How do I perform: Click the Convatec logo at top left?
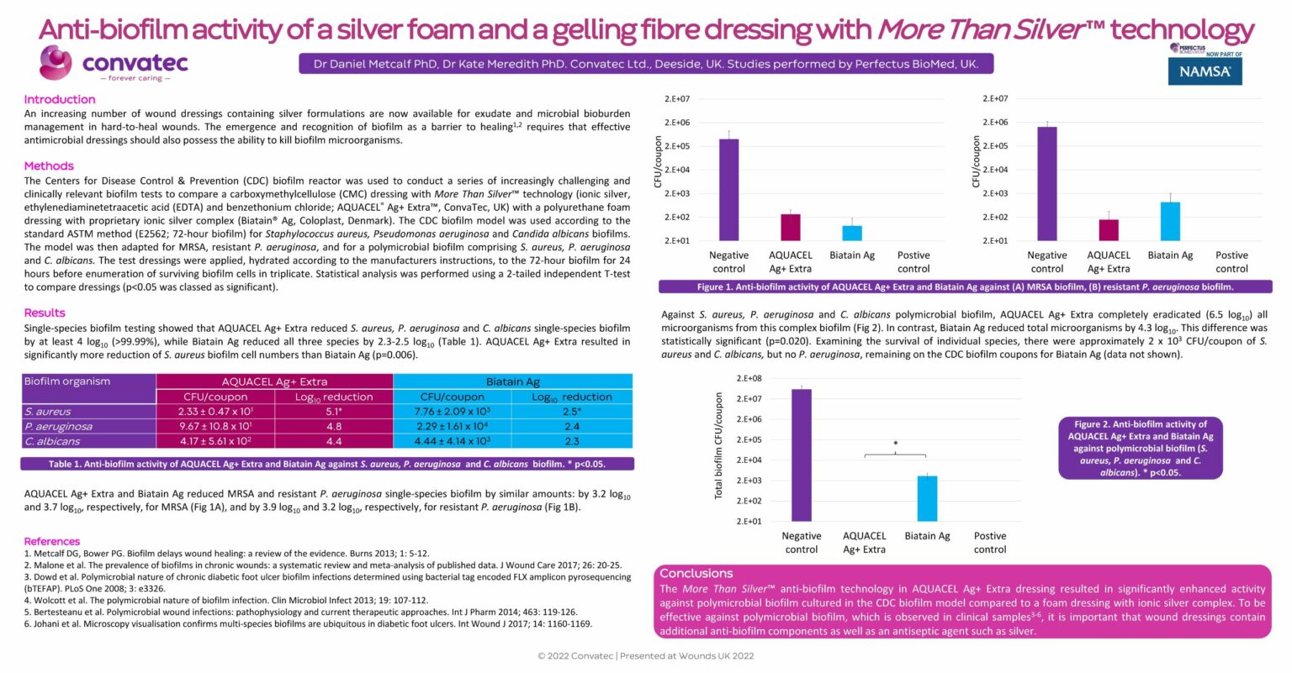[113, 64]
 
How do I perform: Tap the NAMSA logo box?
[1205, 71]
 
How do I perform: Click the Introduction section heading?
[60, 99]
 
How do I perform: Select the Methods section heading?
[49, 166]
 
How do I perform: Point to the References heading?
[52, 541]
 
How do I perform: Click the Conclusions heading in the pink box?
[696, 573]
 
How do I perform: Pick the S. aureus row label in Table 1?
[48, 412]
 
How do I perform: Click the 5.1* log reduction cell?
[334, 412]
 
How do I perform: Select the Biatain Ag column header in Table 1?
[513, 381]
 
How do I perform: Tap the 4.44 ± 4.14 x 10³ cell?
[453, 441]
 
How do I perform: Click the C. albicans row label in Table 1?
[52, 441]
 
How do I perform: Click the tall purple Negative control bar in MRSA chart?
[728, 190]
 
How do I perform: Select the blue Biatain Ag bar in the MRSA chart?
[852, 233]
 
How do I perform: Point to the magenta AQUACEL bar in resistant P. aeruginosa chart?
[1109, 230]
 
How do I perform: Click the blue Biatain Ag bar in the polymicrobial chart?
[927, 498]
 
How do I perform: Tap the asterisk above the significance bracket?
[895, 444]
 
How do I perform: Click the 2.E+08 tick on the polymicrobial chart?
[749, 379]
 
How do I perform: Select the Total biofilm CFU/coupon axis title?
[718, 446]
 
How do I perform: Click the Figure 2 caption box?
[1140, 448]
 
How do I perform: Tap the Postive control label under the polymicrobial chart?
[990, 542]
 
